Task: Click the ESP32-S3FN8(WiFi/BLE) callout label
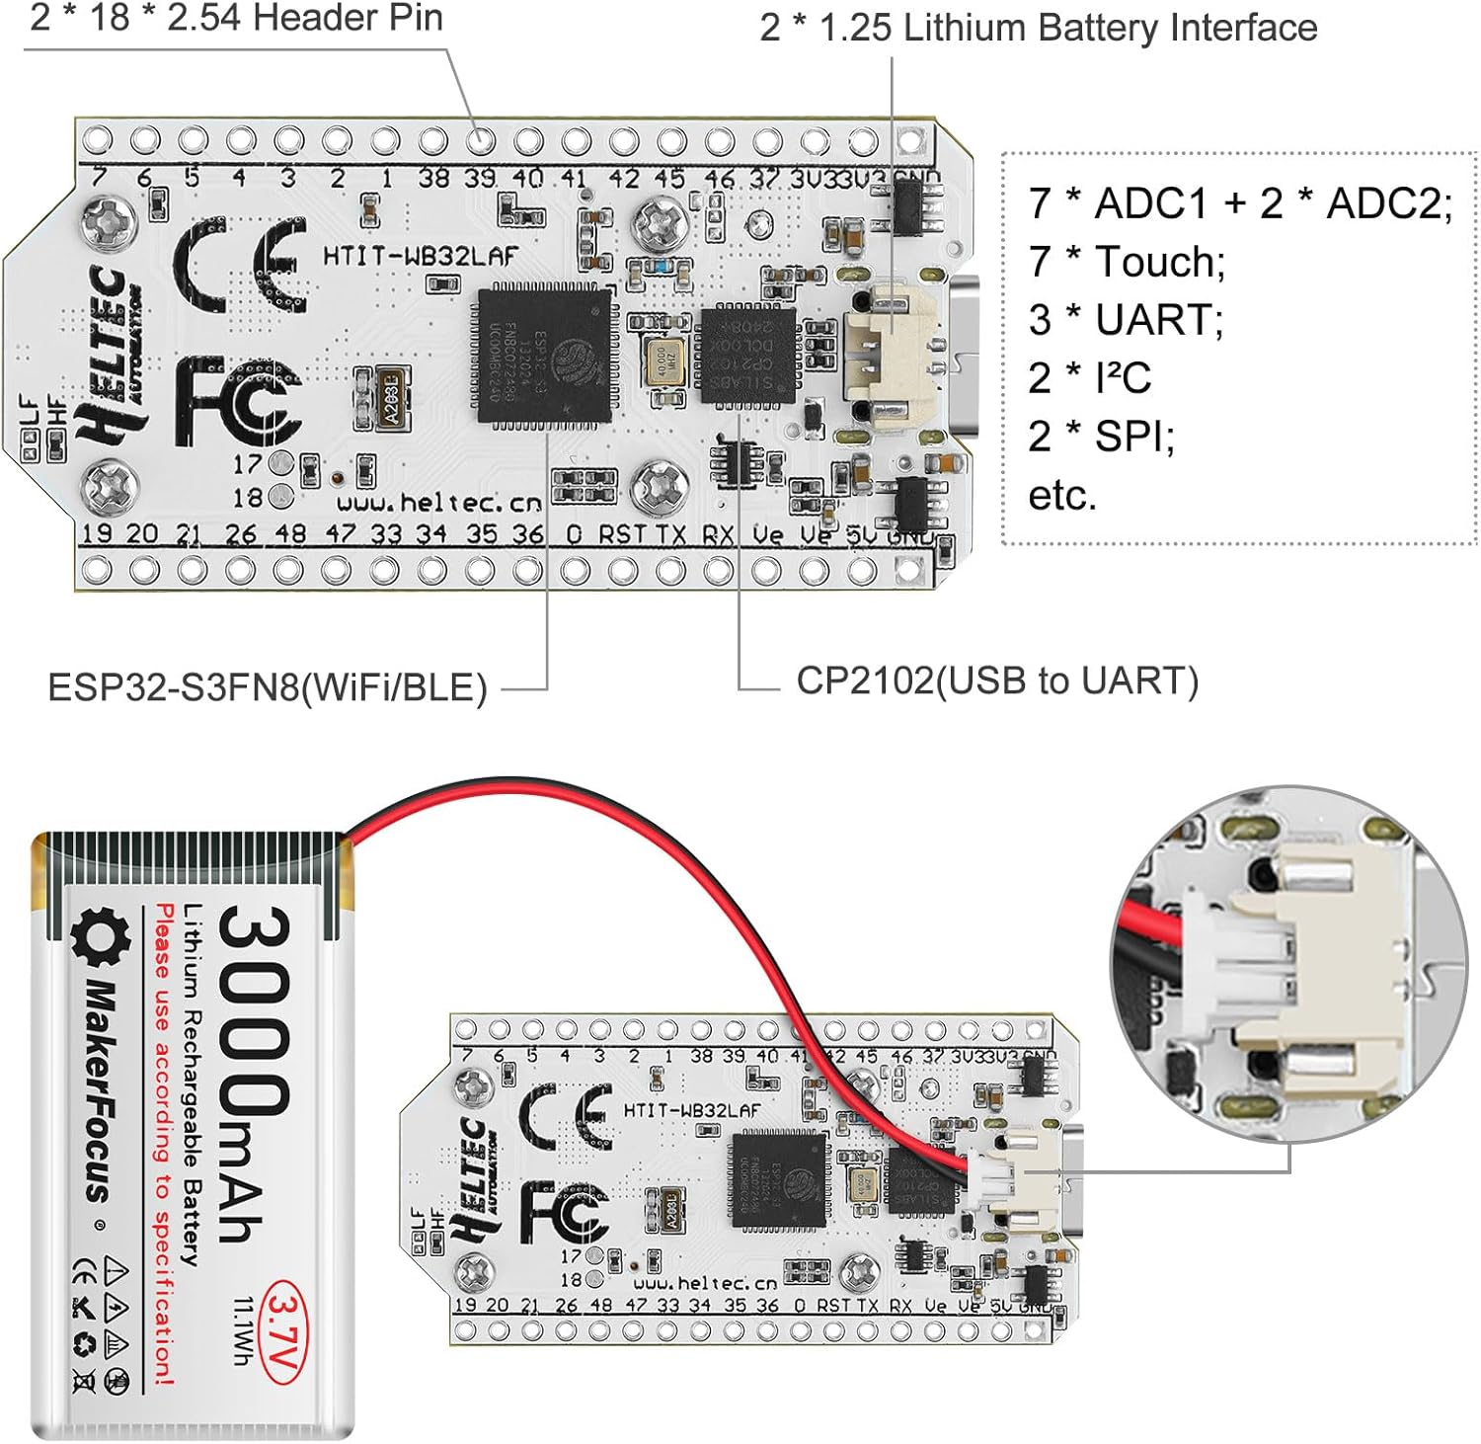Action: (267, 687)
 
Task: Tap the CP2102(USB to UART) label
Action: (997, 681)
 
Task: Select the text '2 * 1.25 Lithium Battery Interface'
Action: (1038, 28)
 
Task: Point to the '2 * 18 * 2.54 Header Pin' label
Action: (236, 18)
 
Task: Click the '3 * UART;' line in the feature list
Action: (1126, 319)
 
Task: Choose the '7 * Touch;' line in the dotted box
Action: (1127, 261)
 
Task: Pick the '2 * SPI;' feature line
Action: (1101, 436)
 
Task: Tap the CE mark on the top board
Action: (240, 265)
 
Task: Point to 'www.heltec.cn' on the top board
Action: (439, 502)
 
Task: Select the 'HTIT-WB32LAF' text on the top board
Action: (420, 257)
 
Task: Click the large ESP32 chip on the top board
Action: (544, 356)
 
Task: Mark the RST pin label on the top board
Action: (622, 534)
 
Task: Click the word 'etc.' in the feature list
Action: (1062, 495)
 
